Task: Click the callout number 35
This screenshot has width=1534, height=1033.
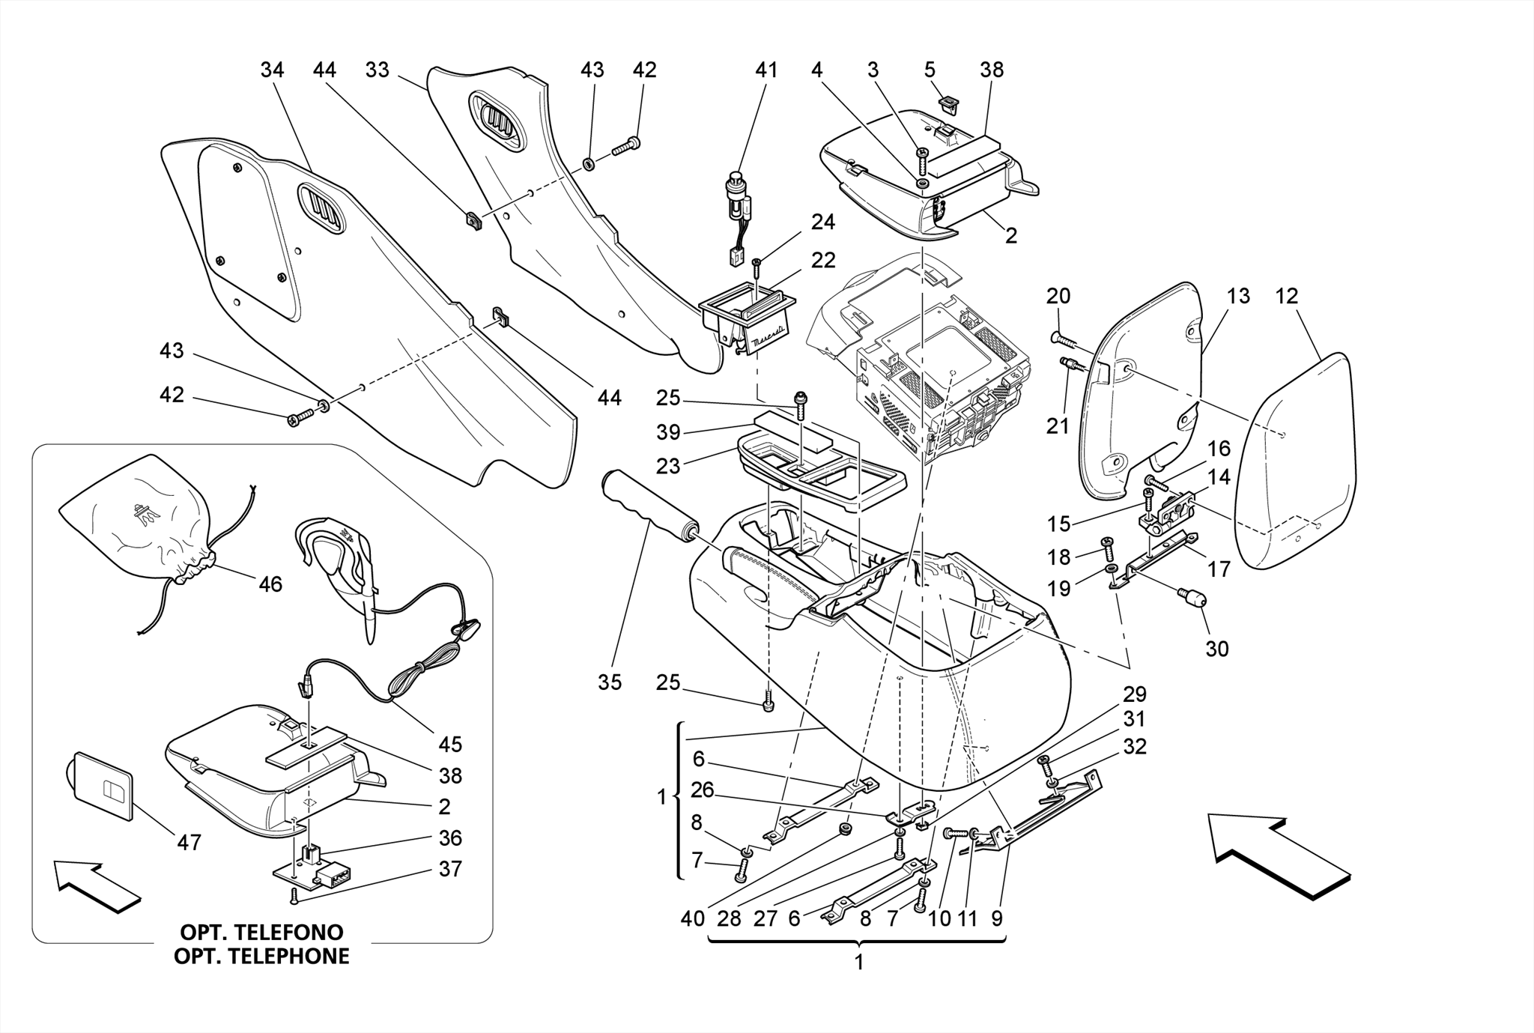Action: coord(610,682)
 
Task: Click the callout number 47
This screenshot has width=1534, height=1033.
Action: coord(189,843)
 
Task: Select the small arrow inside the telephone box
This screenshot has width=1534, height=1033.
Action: coord(97,887)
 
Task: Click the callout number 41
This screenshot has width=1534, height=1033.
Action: coord(766,70)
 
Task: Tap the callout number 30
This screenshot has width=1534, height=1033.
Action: coord(1216,649)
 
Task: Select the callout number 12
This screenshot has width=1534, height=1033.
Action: coord(1286,296)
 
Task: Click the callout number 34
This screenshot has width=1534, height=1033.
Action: coord(272,70)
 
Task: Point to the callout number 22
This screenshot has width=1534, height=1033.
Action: coord(823,260)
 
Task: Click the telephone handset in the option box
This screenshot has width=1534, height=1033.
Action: coord(341,569)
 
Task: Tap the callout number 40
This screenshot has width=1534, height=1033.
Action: coord(693,918)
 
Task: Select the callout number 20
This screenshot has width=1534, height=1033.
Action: coord(1058,296)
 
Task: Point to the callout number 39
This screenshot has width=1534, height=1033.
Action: coord(668,432)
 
